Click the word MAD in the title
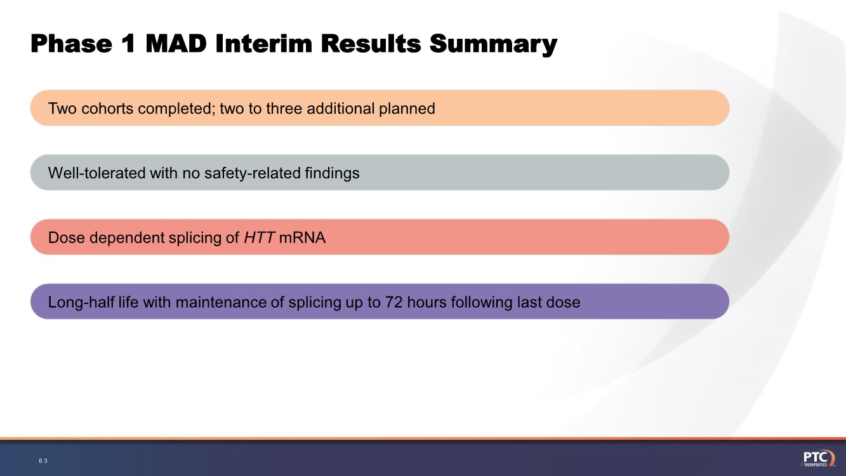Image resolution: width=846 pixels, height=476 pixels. [x=176, y=43]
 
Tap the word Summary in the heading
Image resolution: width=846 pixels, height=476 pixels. [x=493, y=45]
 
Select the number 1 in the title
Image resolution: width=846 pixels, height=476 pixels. [x=128, y=43]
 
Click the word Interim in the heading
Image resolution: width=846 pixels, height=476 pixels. [x=264, y=43]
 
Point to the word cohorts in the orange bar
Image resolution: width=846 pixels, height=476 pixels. [x=107, y=109]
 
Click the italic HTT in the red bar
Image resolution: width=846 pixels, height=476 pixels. [x=259, y=237]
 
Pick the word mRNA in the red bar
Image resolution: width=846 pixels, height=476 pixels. [x=302, y=237]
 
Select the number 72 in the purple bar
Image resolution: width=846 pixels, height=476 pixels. [x=394, y=302]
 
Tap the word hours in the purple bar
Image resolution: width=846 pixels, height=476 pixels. [x=426, y=302]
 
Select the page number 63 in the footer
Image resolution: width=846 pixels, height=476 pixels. [x=43, y=461]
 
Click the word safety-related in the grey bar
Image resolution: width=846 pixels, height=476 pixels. [x=253, y=173]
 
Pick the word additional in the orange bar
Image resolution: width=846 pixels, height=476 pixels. [x=340, y=109]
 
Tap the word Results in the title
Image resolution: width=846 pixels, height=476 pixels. [x=371, y=43]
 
